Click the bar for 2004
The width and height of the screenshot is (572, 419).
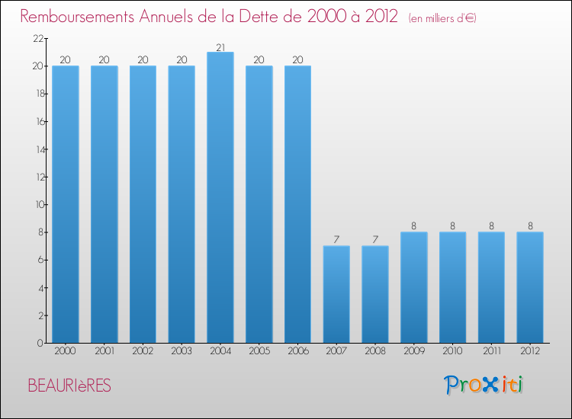click(x=220, y=197)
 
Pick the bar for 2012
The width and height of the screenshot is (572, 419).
click(x=530, y=287)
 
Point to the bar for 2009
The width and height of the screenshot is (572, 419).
click(x=414, y=287)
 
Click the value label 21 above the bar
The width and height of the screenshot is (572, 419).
click(x=220, y=47)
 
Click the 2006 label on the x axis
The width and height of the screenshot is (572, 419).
click(x=297, y=352)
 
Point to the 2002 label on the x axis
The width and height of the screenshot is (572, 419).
click(x=143, y=352)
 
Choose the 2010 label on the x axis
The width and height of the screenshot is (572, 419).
click(x=452, y=352)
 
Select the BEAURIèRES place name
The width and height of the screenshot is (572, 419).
click(x=69, y=386)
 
